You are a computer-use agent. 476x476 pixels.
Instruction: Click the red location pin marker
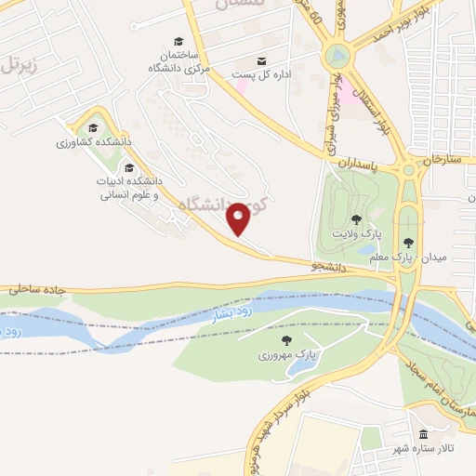point(239,218)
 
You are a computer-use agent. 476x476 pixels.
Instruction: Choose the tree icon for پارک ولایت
point(357,219)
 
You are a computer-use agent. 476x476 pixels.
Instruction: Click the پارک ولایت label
point(351,235)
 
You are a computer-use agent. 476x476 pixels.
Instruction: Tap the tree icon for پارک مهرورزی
point(286,340)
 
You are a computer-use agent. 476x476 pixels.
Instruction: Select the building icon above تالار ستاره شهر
point(424,435)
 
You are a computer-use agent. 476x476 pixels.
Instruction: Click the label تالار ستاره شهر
point(434,450)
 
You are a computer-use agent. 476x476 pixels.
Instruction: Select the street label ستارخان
point(442,159)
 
